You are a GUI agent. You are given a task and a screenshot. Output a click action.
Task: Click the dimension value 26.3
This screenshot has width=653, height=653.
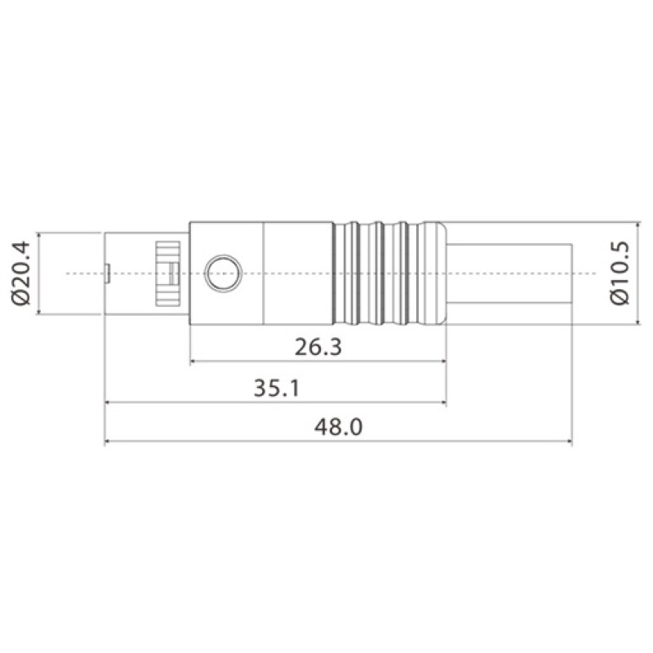318,347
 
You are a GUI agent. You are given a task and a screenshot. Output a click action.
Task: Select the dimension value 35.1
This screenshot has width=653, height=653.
277,388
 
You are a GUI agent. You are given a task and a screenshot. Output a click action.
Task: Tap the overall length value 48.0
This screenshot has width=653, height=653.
338,427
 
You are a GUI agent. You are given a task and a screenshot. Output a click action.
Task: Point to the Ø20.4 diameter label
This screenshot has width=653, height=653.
21,273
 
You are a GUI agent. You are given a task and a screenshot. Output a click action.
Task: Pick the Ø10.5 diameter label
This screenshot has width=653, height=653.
620,273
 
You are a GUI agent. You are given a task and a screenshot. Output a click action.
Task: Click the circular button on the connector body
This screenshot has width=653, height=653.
223,273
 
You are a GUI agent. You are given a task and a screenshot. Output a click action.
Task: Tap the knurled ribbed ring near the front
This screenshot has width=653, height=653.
167,273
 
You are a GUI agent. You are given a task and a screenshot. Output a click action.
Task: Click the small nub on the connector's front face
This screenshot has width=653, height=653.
107,273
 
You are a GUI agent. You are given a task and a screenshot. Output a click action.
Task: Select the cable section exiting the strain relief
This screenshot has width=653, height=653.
509,273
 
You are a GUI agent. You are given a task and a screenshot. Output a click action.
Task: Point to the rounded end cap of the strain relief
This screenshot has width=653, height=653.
435,273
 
